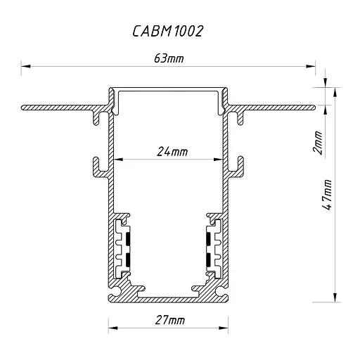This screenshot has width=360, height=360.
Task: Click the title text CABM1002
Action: [168, 32]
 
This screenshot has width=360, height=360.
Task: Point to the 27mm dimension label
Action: [169, 321]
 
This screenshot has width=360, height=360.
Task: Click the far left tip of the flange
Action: [23, 108]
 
